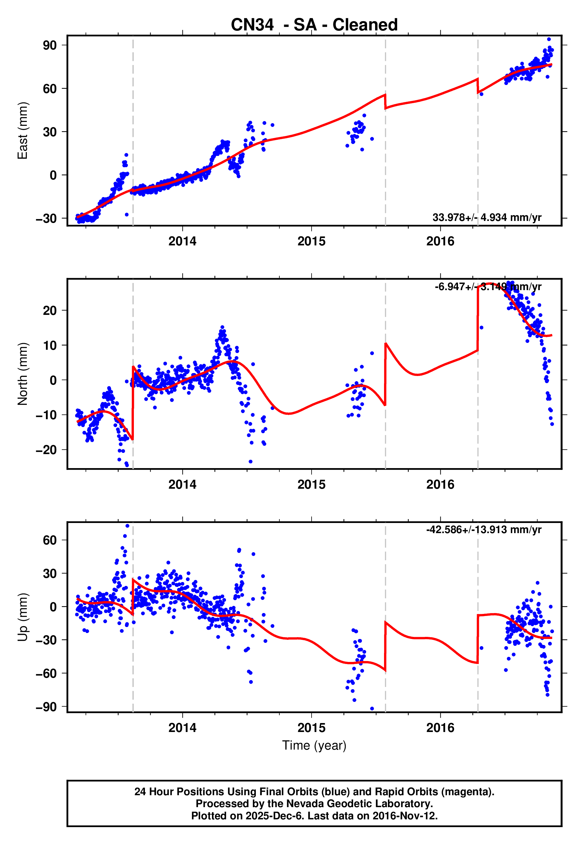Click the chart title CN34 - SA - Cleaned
314,25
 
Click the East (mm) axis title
23,131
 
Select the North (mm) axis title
23,374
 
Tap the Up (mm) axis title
23,617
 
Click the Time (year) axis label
314,745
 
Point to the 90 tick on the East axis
49,45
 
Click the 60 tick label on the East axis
49,89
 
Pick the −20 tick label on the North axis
46,450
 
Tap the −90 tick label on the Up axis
46,707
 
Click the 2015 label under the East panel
311,242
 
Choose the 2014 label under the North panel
182,485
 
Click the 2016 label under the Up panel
440,728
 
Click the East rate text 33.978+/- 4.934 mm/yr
487,218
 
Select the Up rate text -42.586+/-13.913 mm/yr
483,530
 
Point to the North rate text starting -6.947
487,287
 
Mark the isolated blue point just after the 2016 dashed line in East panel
481,94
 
